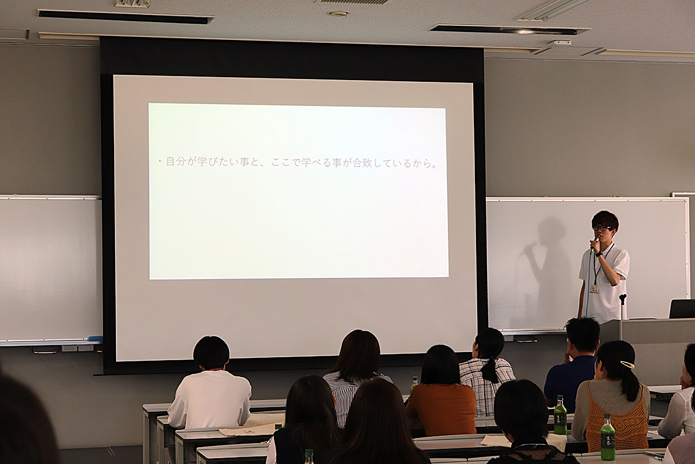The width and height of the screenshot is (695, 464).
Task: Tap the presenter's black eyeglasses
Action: click(600, 227)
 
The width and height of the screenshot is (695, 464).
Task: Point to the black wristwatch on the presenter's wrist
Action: click(598, 254)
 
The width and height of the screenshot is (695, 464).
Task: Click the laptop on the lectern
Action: click(682, 309)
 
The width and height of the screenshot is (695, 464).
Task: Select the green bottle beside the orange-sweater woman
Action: click(414, 385)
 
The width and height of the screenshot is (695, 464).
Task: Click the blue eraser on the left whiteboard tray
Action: click(94, 338)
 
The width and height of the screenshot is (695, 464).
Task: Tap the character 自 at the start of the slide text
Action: click(171, 162)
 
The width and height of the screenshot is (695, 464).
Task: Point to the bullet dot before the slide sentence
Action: click(160, 162)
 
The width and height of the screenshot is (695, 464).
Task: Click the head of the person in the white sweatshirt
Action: click(211, 353)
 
